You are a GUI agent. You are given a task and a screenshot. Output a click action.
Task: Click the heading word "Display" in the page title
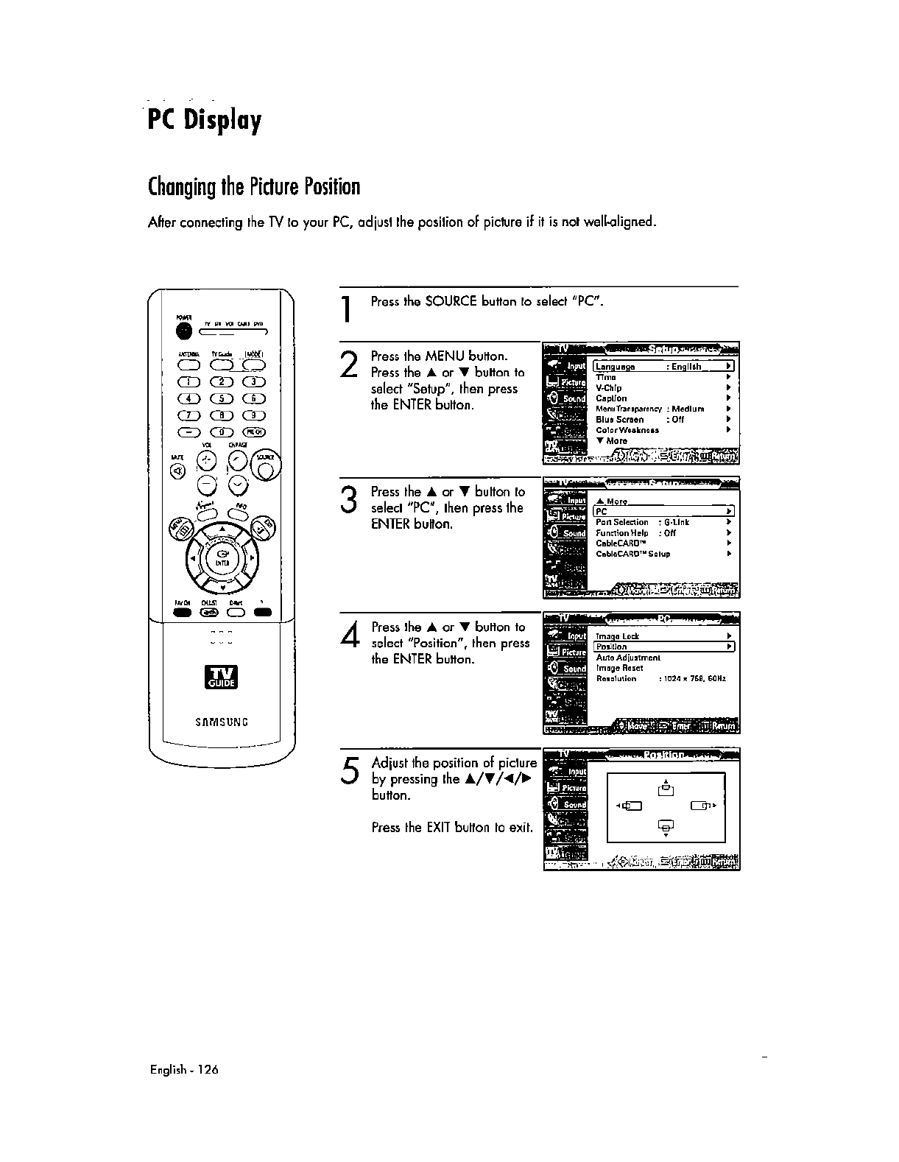tap(222, 119)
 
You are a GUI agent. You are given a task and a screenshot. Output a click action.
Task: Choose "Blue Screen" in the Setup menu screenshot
tap(620, 420)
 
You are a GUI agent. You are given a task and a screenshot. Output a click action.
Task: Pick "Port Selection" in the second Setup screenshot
tap(622, 522)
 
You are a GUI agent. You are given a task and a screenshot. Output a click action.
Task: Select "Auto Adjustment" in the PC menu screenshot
tap(628, 658)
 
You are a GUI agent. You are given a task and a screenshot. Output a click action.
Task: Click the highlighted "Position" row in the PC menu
tap(663, 647)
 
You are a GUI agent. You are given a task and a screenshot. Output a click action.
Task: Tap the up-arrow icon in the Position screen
tap(666, 787)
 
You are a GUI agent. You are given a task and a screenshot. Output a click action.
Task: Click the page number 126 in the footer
tap(208, 1070)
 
